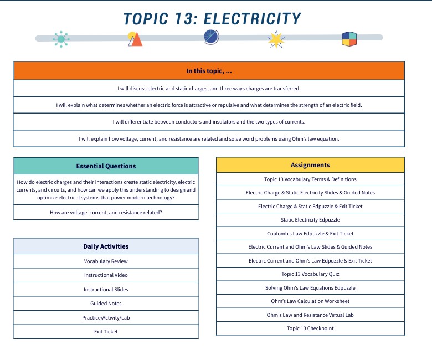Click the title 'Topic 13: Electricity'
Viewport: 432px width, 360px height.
point(212,18)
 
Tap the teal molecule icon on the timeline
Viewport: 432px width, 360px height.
point(61,38)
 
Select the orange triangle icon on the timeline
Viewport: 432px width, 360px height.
point(135,39)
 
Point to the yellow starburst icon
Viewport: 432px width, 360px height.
point(276,39)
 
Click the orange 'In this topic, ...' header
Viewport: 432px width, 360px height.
point(209,71)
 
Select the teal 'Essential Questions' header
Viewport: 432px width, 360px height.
point(106,166)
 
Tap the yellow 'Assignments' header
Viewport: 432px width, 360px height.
point(310,165)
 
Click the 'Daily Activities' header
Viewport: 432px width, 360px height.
point(106,246)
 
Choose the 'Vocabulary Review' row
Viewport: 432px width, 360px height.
point(106,261)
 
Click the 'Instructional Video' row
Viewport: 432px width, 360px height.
point(106,275)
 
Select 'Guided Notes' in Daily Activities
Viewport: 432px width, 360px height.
point(106,304)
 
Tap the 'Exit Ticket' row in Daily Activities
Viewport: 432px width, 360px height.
point(106,332)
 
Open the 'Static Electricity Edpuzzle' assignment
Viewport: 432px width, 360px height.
point(310,220)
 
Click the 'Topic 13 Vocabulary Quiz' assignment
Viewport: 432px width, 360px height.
point(310,274)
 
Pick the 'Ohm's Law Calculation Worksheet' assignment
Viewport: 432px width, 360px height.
point(310,301)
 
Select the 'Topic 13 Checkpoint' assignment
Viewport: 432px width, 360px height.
point(310,328)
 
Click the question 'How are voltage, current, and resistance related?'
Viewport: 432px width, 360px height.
point(106,213)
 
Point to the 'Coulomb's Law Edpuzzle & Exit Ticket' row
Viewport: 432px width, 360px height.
point(310,234)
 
